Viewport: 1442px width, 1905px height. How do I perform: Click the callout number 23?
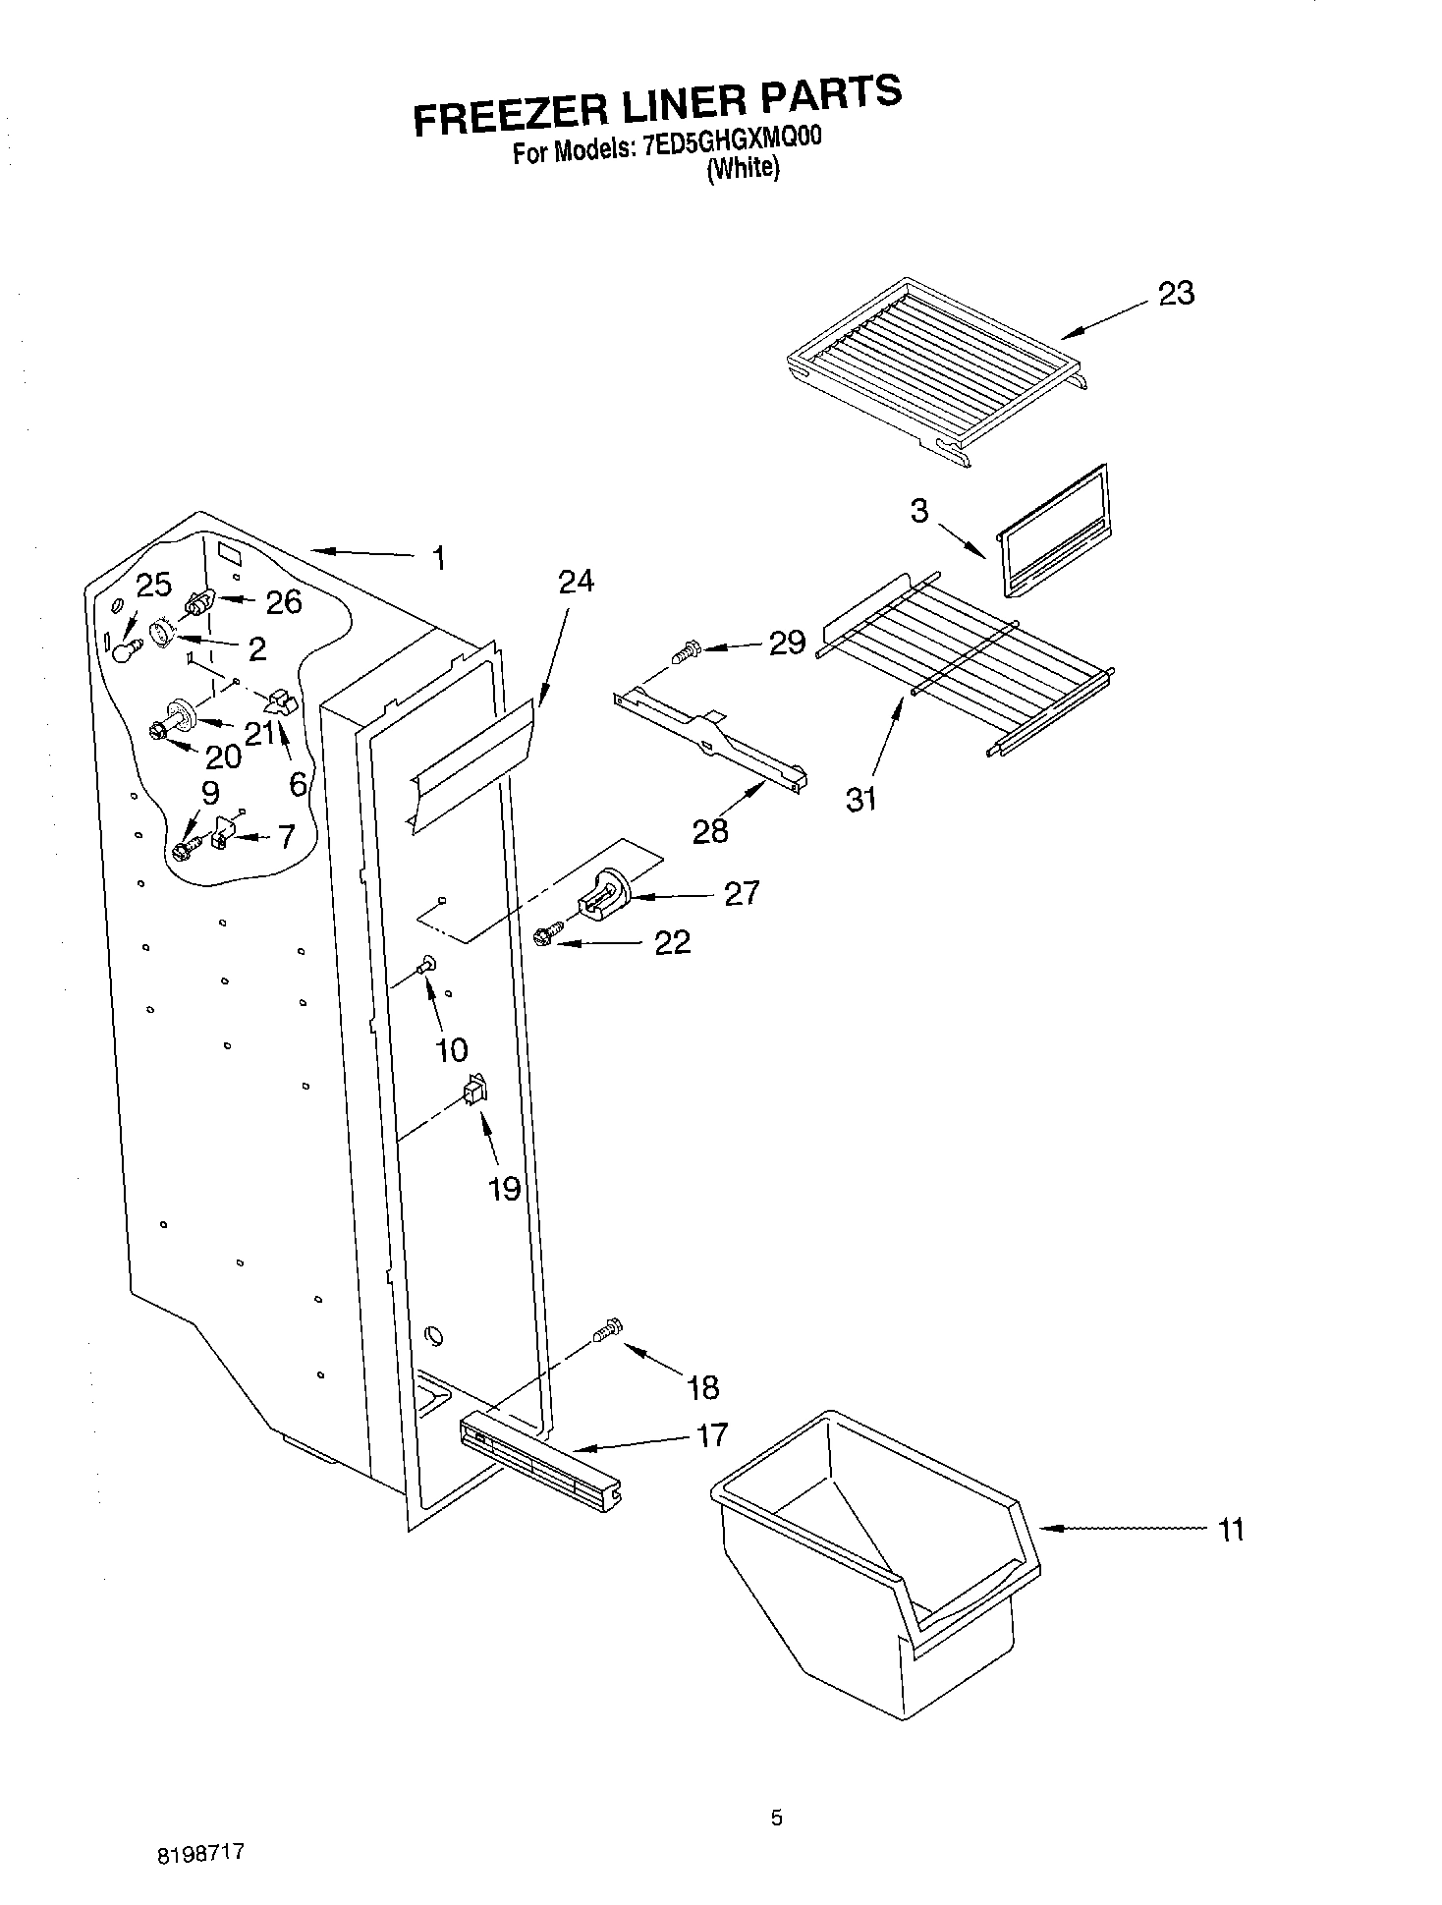coord(1176,293)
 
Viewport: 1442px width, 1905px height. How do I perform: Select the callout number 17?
coord(711,1434)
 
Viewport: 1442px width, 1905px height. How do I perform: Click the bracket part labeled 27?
coord(603,892)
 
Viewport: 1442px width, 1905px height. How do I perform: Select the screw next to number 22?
coord(547,935)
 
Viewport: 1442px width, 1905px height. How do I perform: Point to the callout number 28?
coord(710,830)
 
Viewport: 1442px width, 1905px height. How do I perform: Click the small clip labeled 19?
coord(476,1090)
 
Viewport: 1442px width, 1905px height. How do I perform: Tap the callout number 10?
coord(451,1050)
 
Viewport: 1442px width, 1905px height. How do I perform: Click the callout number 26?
coord(284,602)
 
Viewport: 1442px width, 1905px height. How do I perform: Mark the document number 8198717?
coord(199,1853)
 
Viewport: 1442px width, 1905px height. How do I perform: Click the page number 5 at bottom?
coord(776,1819)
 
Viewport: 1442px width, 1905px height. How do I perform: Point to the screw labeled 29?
coord(685,649)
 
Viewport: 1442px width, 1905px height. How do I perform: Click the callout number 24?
coord(576,581)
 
